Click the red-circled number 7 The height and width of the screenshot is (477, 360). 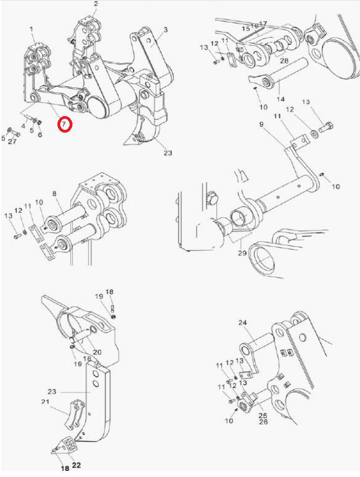(65, 124)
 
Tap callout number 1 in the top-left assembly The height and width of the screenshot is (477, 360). (31, 29)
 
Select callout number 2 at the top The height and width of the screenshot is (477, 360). (96, 4)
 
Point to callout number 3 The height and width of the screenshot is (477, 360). (166, 29)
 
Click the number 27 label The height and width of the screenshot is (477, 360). (12, 141)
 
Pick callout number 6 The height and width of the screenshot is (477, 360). (40, 134)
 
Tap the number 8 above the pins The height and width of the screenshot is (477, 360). (54, 193)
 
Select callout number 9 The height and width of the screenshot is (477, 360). (262, 124)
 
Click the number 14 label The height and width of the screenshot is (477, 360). (280, 99)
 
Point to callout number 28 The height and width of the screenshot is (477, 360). (284, 61)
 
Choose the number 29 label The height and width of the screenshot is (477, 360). (242, 253)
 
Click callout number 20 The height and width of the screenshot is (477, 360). (97, 352)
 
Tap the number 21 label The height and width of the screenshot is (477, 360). (45, 402)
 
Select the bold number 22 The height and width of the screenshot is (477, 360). (77, 465)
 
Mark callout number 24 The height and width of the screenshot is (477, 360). (242, 322)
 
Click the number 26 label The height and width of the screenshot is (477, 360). (263, 422)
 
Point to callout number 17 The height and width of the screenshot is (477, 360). (263, 23)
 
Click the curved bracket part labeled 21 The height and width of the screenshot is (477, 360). (75, 415)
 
